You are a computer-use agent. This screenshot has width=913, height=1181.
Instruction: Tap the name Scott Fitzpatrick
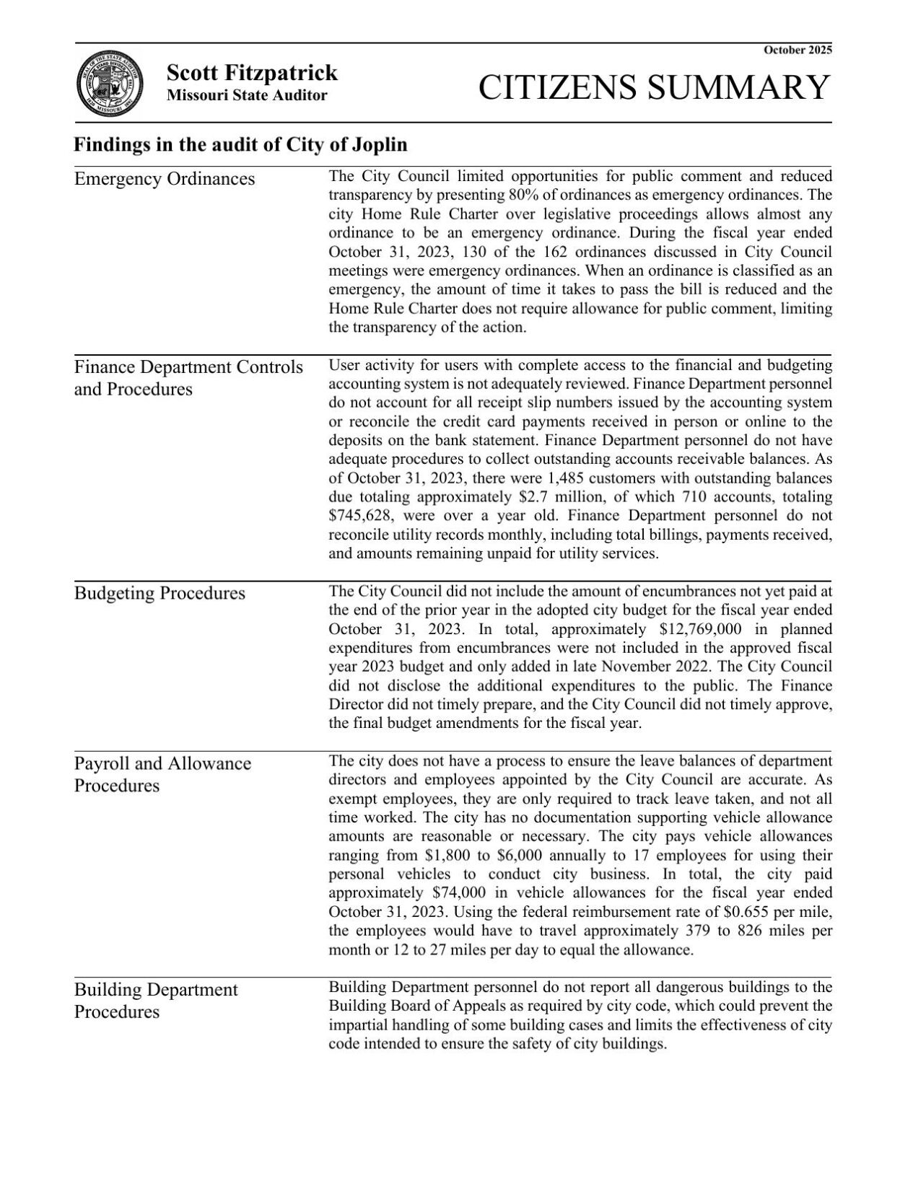[x=252, y=73]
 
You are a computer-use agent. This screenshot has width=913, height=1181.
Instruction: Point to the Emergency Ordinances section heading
[x=165, y=179]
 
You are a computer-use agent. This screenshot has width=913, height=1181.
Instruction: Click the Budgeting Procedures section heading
[x=160, y=593]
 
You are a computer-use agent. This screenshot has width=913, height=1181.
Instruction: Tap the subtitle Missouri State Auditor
[x=247, y=95]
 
